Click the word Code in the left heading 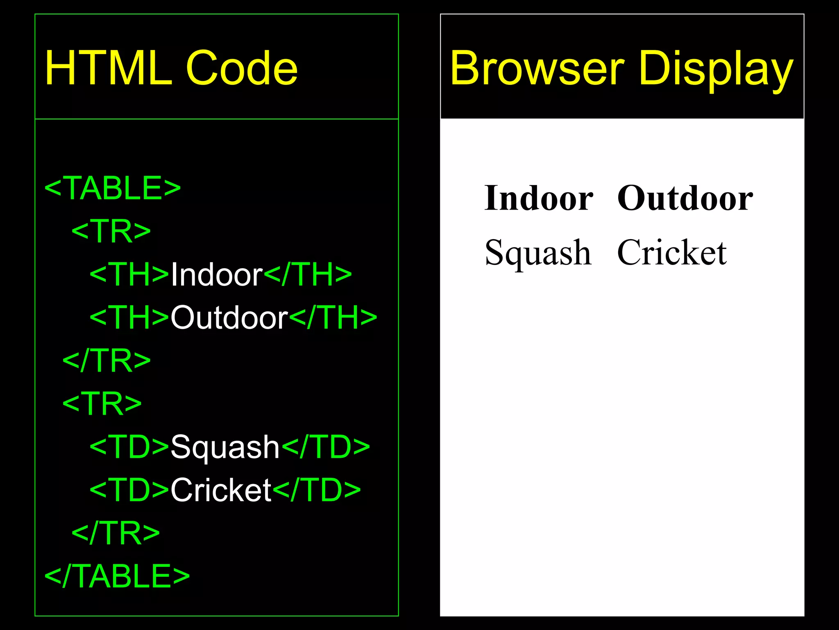[x=242, y=68]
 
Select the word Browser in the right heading [x=537, y=68]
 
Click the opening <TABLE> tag [x=112, y=188]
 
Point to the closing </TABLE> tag [x=117, y=576]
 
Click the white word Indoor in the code [x=216, y=274]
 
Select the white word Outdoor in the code [x=229, y=317]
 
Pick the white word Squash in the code [x=225, y=447]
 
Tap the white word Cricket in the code [x=221, y=490]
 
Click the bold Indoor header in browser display [x=539, y=199]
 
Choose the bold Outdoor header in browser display [x=685, y=199]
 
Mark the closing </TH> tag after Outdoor [x=333, y=317]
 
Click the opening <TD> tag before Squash [x=129, y=447]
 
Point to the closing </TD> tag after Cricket [x=316, y=490]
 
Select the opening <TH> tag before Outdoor [x=129, y=317]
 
